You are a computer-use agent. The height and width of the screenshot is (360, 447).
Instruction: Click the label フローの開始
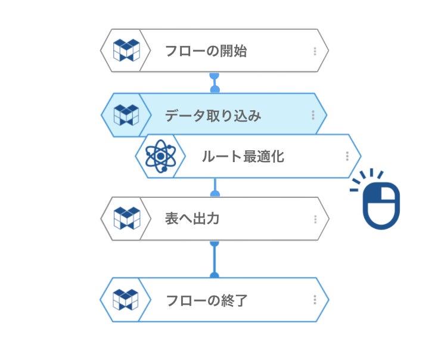(x=206, y=51)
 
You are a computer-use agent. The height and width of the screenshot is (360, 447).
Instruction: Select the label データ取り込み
(x=213, y=116)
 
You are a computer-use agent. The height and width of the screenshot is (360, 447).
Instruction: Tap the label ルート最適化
(x=243, y=157)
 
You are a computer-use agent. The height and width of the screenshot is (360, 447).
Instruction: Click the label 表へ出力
(x=192, y=219)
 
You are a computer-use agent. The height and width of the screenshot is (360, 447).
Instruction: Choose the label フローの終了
(x=206, y=300)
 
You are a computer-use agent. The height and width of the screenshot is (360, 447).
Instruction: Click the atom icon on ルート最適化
(x=159, y=157)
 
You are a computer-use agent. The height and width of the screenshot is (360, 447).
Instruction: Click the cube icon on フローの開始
(x=126, y=51)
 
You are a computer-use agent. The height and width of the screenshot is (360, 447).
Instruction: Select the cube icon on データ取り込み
(x=126, y=115)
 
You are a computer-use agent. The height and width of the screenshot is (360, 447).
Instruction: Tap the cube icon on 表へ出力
(x=126, y=219)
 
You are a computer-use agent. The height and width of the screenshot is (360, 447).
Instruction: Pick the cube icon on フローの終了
(x=126, y=300)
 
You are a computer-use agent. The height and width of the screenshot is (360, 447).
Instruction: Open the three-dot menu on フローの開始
(x=315, y=51)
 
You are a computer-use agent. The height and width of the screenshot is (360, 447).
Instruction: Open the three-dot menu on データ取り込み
(x=312, y=116)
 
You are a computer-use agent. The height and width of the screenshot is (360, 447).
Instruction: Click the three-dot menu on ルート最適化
(x=347, y=156)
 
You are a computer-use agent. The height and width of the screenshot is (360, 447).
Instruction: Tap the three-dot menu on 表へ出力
(x=315, y=219)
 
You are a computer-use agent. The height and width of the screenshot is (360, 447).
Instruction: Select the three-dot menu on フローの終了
(x=315, y=300)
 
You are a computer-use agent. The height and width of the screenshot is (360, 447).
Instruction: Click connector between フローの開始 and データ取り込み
(x=215, y=83)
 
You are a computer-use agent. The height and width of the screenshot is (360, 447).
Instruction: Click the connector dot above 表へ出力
(x=215, y=193)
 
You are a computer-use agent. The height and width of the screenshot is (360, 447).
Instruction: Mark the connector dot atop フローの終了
(x=215, y=275)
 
